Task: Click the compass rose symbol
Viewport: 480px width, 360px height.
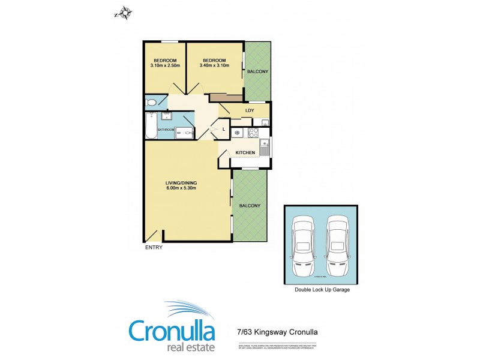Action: click(x=124, y=12)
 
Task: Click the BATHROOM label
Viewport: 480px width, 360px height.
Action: click(x=166, y=130)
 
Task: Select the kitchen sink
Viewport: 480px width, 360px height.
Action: click(x=263, y=145)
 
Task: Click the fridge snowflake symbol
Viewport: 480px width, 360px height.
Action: click(x=237, y=132)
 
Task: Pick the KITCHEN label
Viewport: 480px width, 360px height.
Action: click(x=245, y=153)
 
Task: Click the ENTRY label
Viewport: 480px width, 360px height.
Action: click(x=154, y=248)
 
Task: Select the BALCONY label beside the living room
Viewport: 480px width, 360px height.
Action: click(x=250, y=206)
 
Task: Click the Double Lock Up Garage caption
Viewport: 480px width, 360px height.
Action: click(x=322, y=289)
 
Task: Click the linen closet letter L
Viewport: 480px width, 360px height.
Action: click(x=223, y=129)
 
